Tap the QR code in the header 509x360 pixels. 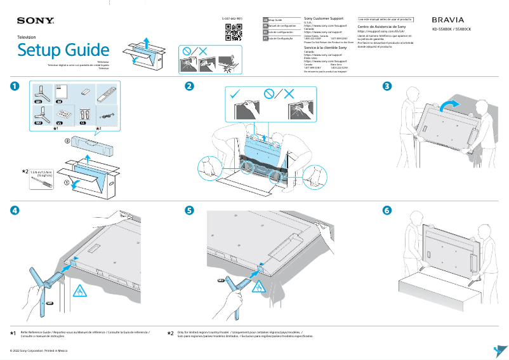234,31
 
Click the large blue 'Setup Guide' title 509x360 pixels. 63,50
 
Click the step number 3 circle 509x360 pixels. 387,86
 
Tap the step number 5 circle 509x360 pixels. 188,211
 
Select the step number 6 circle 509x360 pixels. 387,211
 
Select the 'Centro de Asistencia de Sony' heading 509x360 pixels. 381,27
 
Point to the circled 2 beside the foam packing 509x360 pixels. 67,143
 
